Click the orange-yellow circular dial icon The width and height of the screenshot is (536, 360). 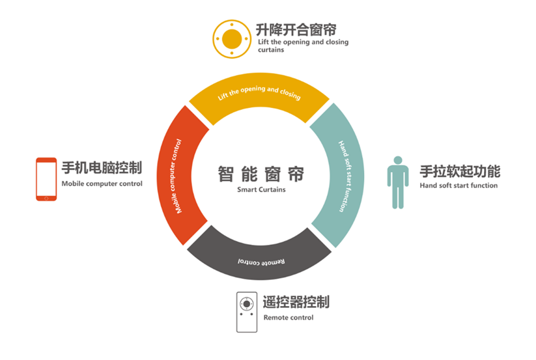[x=232, y=39]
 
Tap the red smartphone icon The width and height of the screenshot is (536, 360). [x=46, y=179]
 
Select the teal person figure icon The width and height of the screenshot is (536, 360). [x=398, y=182]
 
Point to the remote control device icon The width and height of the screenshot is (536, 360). [x=247, y=312]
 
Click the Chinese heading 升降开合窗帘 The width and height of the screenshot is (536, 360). [x=296, y=30]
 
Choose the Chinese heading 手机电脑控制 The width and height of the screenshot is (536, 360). [x=102, y=168]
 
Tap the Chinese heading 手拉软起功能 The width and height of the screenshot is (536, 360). [x=460, y=171]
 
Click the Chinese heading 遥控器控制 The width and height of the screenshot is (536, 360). [x=296, y=302]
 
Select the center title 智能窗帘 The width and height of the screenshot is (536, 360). [x=261, y=174]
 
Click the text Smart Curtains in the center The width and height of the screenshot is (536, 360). [x=261, y=189]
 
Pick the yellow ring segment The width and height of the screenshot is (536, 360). [x=259, y=96]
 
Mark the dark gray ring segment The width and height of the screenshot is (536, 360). [x=260, y=258]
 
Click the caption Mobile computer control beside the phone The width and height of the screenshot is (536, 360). [x=102, y=184]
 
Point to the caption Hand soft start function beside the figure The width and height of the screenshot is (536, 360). [x=458, y=186]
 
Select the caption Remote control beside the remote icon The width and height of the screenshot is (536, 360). [x=289, y=318]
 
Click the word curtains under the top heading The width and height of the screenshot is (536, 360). [x=271, y=50]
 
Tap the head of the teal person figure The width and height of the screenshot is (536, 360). [x=398, y=160]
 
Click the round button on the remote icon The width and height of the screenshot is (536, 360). [x=247, y=303]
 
